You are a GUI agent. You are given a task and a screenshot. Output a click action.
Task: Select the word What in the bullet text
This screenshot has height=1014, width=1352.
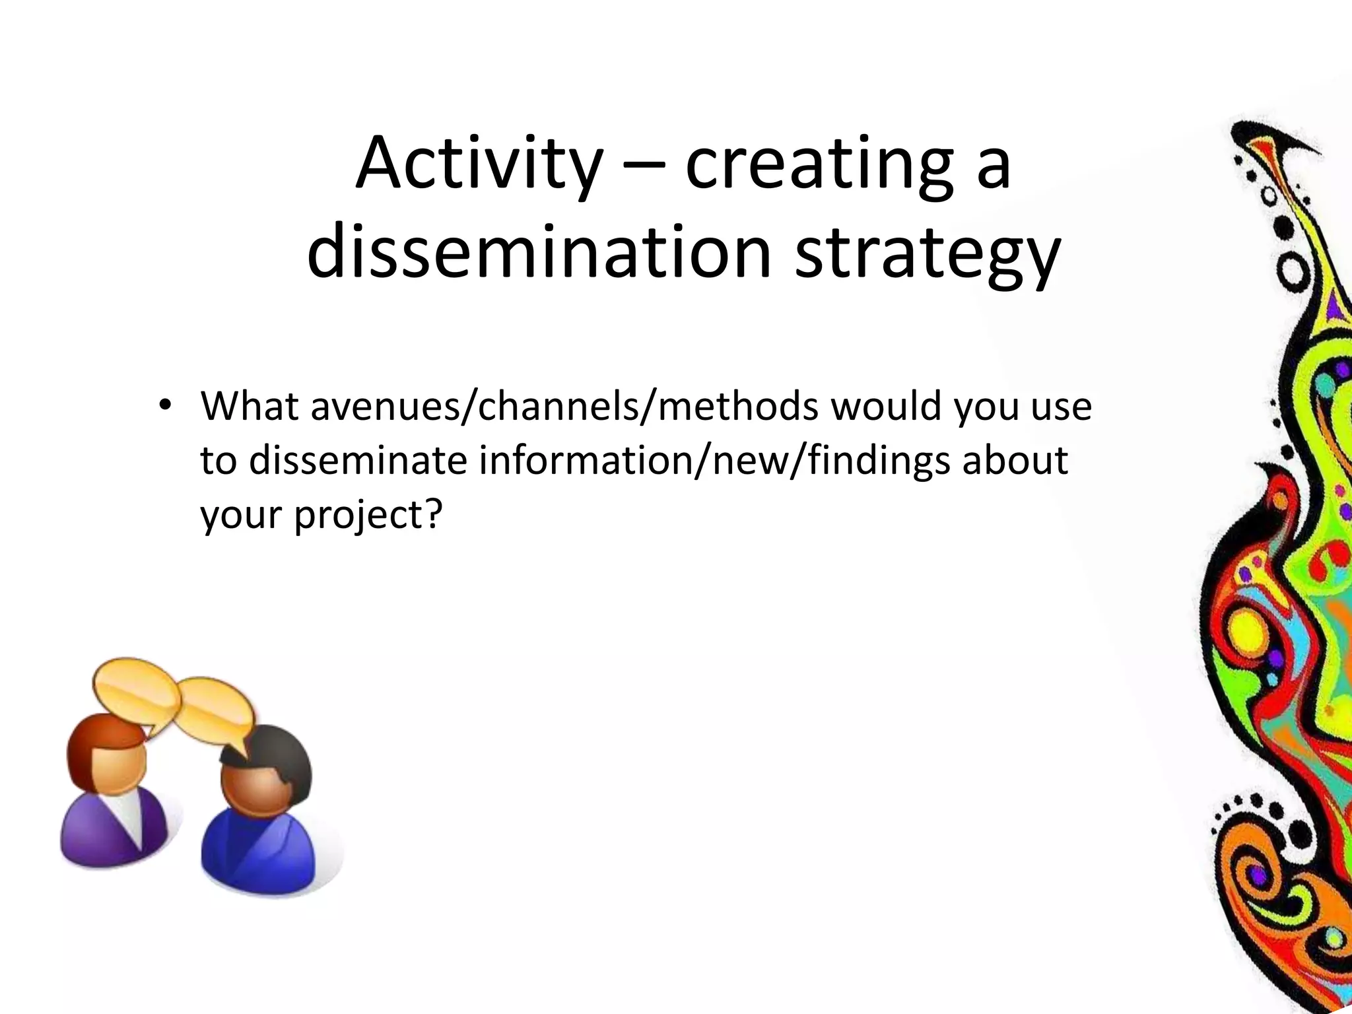[x=250, y=405]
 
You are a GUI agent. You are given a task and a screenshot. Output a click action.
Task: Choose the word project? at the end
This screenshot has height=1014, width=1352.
[x=367, y=515]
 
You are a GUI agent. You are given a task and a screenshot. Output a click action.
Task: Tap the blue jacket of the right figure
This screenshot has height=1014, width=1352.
[x=264, y=852]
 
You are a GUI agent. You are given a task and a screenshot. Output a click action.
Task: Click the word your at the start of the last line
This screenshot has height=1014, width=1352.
[x=240, y=515]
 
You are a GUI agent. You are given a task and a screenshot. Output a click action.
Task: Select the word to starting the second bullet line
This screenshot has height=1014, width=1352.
[x=218, y=461]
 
